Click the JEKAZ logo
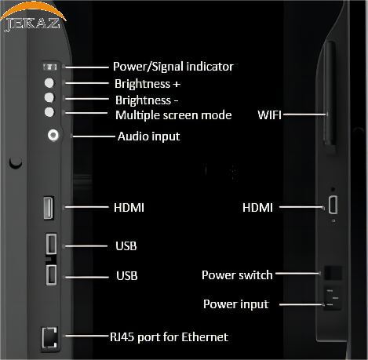(x=33, y=17)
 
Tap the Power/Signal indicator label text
(x=173, y=67)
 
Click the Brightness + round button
(x=49, y=83)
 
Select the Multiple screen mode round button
(x=49, y=112)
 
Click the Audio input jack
(x=53, y=135)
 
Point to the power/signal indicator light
(x=49, y=67)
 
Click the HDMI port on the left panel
(x=49, y=208)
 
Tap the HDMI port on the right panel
(x=333, y=205)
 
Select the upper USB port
(x=52, y=244)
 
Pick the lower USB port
(x=52, y=275)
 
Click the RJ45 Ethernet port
(x=49, y=337)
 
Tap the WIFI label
(x=269, y=115)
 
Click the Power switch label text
(x=237, y=275)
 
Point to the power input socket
(x=333, y=298)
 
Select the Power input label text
(x=236, y=304)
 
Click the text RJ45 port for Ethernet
(x=169, y=337)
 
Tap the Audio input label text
(x=149, y=136)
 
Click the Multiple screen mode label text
(x=173, y=115)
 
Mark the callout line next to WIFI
(x=305, y=115)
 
